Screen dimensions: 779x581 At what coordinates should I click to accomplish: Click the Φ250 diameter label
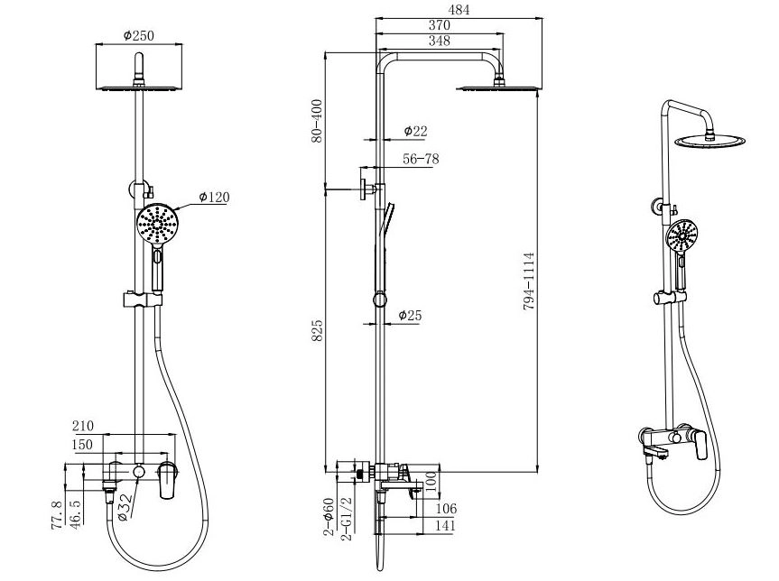click(x=139, y=36)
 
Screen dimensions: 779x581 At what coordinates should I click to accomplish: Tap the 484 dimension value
click(x=458, y=9)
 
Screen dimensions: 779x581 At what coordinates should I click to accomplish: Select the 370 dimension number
click(x=440, y=25)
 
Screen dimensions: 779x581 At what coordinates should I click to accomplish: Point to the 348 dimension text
click(x=440, y=41)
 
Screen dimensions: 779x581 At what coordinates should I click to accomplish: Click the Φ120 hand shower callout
click(x=214, y=198)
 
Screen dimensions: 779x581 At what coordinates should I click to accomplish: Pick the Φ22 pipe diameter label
click(x=415, y=131)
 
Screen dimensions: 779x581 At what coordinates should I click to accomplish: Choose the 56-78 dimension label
click(x=421, y=159)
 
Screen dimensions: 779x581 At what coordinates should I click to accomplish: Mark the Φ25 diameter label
click(x=410, y=316)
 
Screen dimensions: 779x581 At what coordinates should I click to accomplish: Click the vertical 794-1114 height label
click(x=529, y=281)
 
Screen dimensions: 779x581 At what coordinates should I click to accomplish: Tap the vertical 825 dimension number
click(x=317, y=331)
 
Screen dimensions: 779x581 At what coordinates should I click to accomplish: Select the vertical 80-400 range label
click(x=317, y=121)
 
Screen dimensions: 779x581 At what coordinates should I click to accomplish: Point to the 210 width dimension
click(x=83, y=426)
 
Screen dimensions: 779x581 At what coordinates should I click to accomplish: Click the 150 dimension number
click(x=82, y=445)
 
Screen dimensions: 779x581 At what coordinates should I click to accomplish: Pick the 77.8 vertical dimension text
click(x=58, y=515)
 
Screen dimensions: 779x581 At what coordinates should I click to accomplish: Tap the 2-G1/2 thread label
click(x=348, y=519)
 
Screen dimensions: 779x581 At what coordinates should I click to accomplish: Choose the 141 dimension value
click(x=444, y=526)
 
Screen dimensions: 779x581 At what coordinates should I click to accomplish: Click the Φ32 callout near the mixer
click(x=125, y=507)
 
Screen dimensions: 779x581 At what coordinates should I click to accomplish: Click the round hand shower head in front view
click(x=157, y=224)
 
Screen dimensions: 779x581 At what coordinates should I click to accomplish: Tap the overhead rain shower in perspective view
click(x=709, y=141)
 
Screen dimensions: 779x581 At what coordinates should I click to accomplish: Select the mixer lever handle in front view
click(x=167, y=480)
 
